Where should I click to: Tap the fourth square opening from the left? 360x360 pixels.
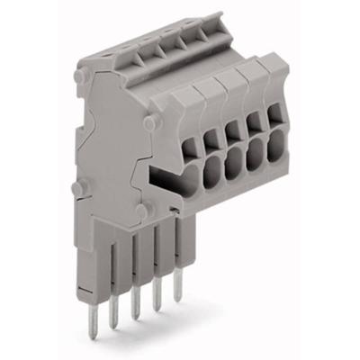pyautogui.click(x=254, y=135)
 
